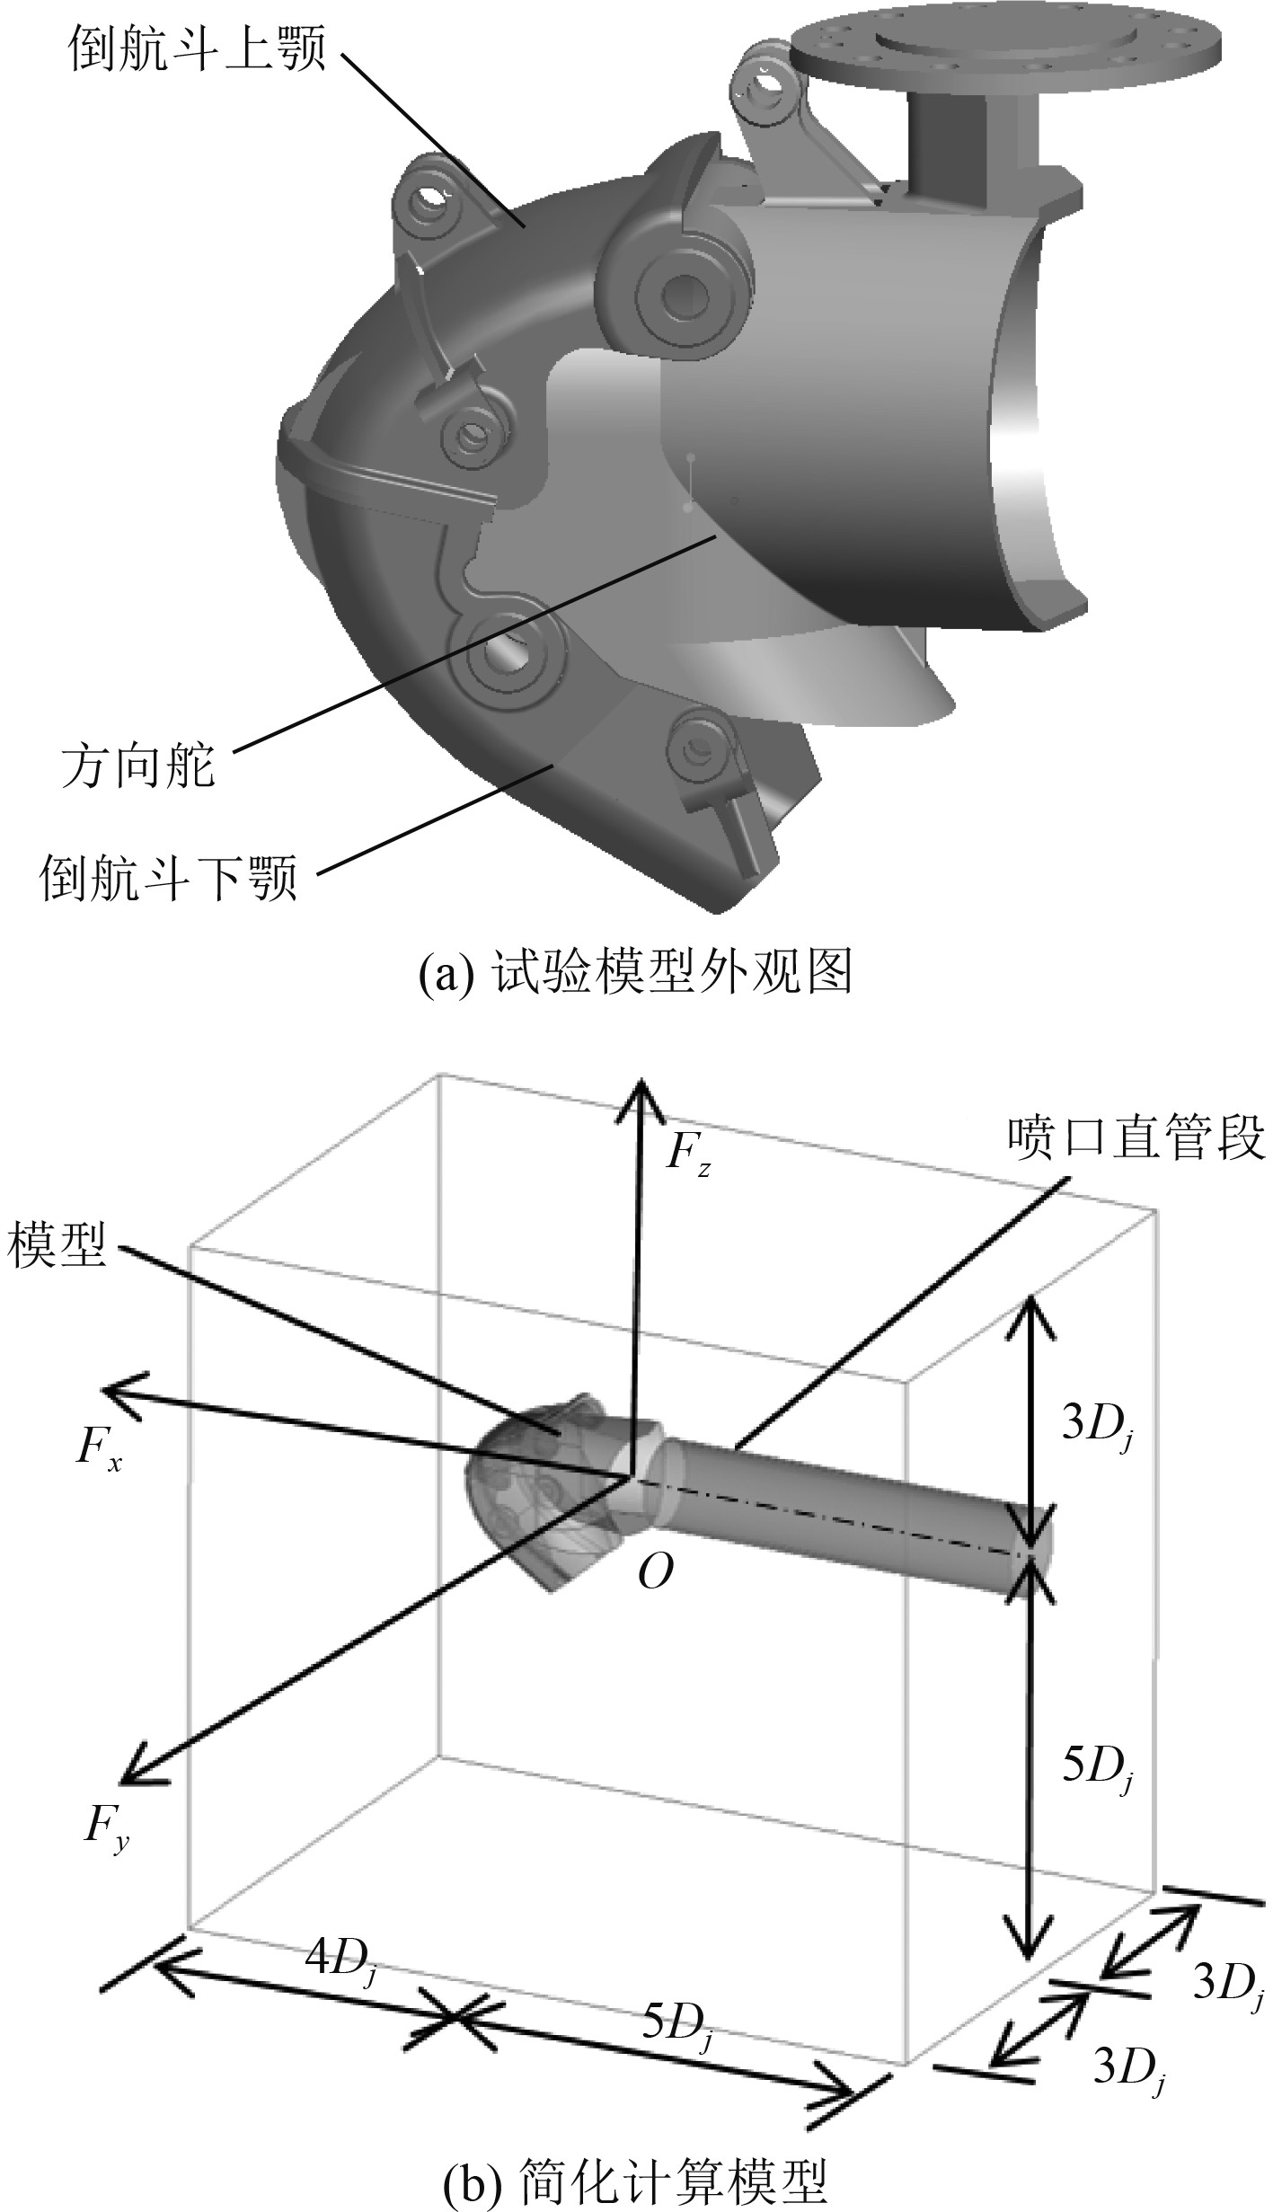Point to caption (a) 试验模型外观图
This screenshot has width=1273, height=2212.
(x=636, y=973)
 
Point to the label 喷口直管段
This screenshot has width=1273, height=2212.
(x=1136, y=1138)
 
